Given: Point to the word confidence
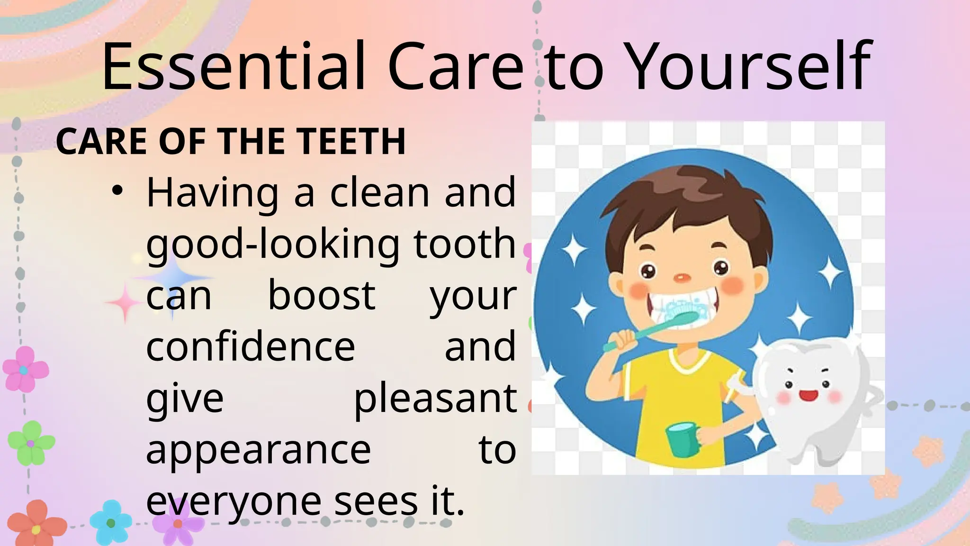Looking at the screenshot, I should click(251, 346).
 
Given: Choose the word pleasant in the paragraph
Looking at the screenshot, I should click(435, 398).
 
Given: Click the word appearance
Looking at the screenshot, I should click(258, 449).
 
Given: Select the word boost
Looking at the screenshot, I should click(322, 295).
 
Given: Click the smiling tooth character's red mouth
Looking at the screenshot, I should click(808, 394).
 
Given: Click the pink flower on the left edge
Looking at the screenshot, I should click(25, 369).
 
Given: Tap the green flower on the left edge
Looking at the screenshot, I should click(31, 443).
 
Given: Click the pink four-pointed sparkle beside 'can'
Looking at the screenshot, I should click(124, 303).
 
